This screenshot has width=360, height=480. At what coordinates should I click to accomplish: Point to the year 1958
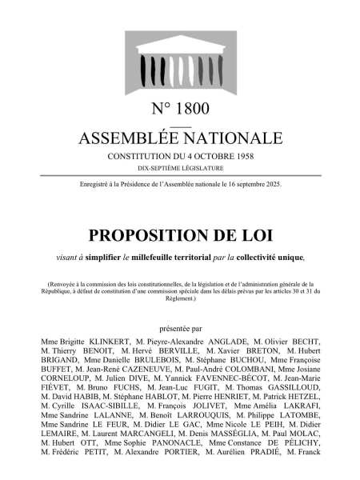click(241, 155)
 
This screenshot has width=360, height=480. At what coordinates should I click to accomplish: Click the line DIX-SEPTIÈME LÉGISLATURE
click(180, 168)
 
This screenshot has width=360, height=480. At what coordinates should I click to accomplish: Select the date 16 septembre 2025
click(246, 185)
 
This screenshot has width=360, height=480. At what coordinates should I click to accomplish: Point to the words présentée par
click(180, 327)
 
